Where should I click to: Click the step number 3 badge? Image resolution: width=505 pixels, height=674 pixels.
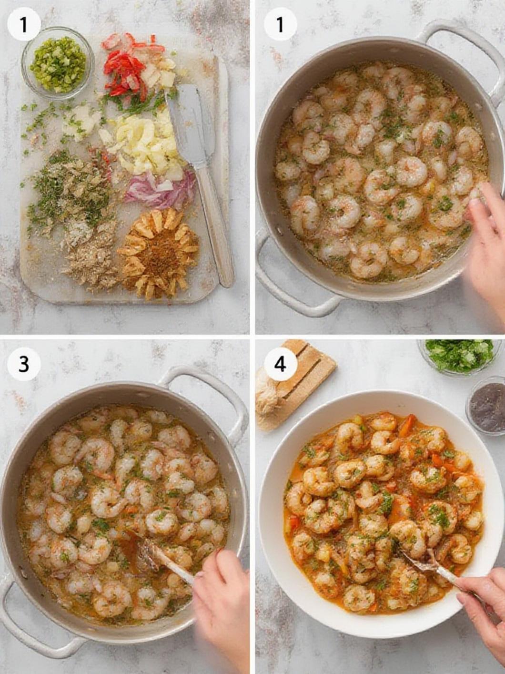click(23, 364)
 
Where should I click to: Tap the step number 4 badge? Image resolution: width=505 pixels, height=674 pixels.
click(280, 364)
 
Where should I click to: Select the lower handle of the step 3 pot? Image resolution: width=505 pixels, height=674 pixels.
click(29, 629)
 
